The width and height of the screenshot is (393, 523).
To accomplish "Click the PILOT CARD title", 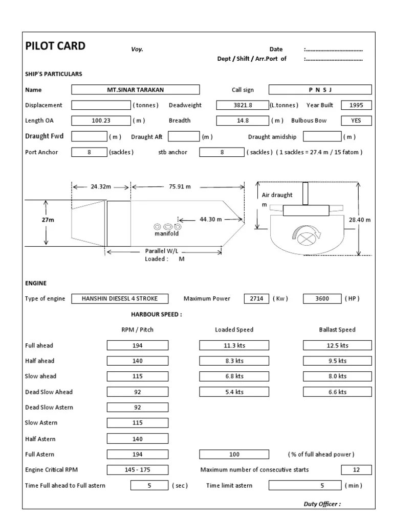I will coord(55,46).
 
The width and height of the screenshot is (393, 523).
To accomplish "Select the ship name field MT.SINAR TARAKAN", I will coord(136,90).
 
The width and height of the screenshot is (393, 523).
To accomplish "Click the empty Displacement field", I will coord(101,105).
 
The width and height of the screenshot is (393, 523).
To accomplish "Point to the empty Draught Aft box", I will coord(184,136).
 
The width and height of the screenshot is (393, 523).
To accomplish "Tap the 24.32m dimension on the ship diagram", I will coord(101,187).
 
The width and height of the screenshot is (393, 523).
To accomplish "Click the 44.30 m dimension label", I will coord(210,219).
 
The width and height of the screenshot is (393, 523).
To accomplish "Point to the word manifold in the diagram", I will coord(167,233).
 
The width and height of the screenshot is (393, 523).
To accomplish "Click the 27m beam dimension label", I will coord(48,220).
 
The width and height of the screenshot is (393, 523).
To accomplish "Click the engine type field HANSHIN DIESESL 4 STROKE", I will coord(120,299).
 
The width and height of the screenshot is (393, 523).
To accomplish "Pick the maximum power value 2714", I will coord(256,299).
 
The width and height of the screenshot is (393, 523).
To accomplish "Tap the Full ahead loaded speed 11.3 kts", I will coord(235,345).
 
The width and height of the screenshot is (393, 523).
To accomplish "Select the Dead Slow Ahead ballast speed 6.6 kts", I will coord(337,392).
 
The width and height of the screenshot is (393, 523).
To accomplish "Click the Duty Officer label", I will coord(322,504).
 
